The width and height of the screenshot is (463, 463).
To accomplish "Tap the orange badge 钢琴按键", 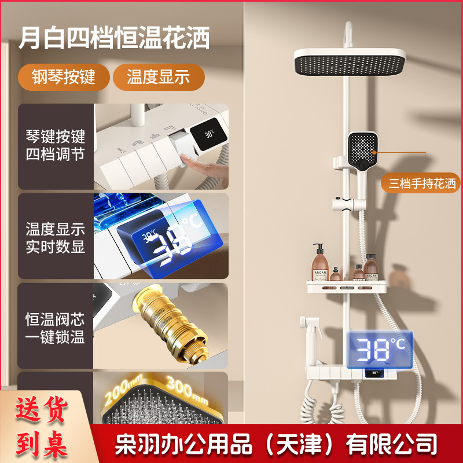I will pyautogui.click(x=64, y=77).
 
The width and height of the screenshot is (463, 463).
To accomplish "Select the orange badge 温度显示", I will pyautogui.click(x=159, y=77).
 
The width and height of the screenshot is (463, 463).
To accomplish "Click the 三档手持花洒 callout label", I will pyautogui.click(x=422, y=184).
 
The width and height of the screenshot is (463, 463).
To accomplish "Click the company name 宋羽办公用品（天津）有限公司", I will pyautogui.click(x=276, y=445).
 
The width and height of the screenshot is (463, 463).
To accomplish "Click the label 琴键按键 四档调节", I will pyautogui.click(x=56, y=146).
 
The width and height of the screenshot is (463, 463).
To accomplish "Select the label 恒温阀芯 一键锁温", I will pyautogui.click(x=56, y=328).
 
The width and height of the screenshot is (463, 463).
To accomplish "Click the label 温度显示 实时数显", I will pyautogui.click(x=56, y=237).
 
